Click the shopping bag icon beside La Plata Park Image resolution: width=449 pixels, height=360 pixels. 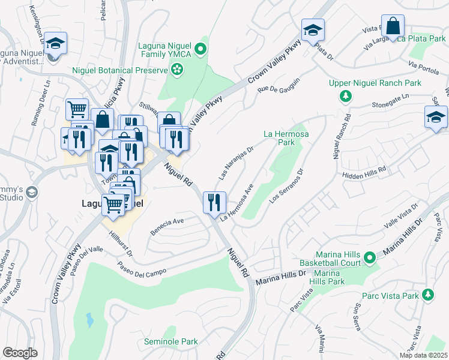click(393, 27)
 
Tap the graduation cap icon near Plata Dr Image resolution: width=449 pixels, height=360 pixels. click(312, 30)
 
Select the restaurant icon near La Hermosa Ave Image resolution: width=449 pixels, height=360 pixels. click(214, 202)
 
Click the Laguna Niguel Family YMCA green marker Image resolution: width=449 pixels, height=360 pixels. click(202, 49)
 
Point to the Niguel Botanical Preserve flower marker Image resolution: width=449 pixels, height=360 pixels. click(177, 71)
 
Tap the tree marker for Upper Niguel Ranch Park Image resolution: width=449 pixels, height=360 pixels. click(346, 96)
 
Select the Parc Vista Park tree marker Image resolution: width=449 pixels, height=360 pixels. click(427, 295)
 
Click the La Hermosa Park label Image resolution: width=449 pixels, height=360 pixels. click(286, 138)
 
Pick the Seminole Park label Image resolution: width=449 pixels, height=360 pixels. click(170, 342)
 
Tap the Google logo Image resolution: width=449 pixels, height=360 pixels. click(20, 353)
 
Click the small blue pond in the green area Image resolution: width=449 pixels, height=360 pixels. click(90, 320)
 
